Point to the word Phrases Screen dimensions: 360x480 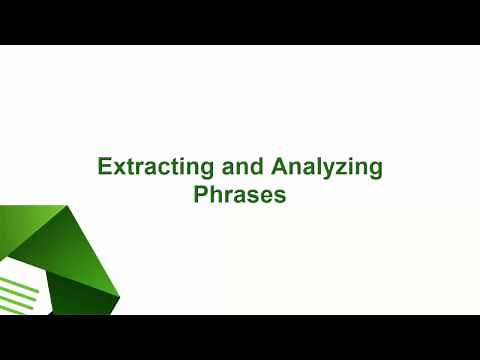[240, 194]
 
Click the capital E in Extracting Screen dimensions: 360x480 [103, 167]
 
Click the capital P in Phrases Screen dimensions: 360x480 [200, 194]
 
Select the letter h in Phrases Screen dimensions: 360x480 [213, 194]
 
